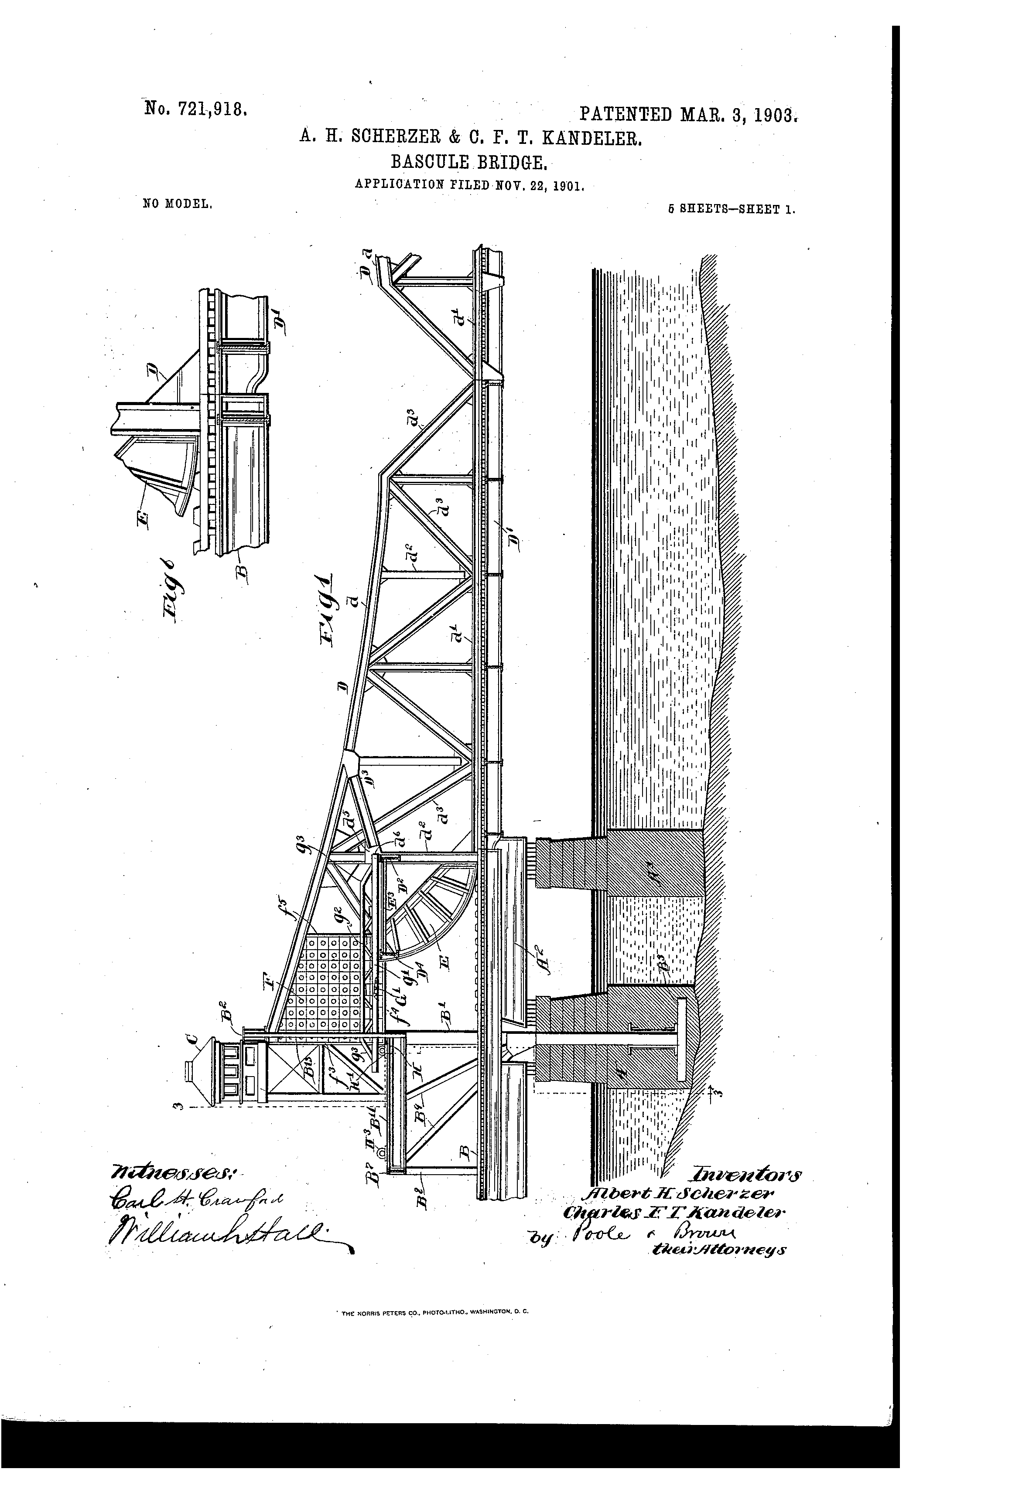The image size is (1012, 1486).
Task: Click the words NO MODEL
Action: tap(177, 204)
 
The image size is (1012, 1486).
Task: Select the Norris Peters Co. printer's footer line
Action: tap(433, 1312)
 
